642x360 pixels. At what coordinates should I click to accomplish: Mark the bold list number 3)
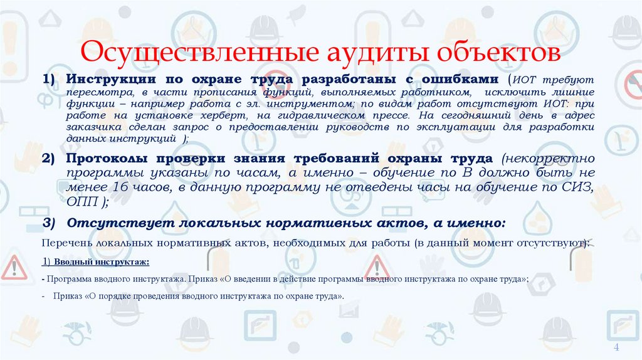50,223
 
